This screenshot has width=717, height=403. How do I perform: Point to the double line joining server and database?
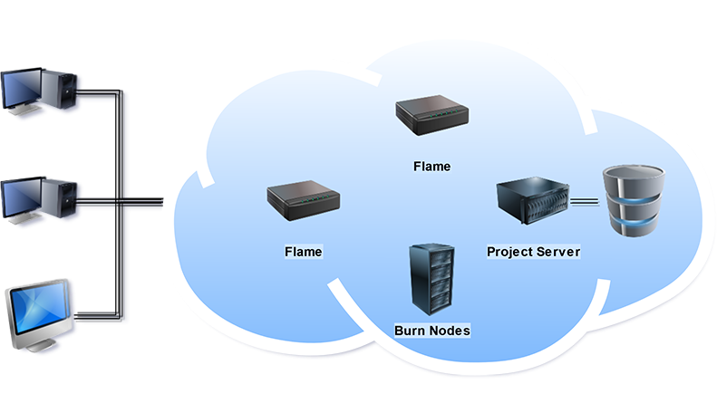[586, 202]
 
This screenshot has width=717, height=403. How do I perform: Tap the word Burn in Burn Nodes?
[411, 331]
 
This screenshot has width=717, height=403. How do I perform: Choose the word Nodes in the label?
[450, 331]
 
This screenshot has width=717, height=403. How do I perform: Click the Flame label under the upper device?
[431, 167]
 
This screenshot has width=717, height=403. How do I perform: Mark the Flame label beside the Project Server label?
[304, 250]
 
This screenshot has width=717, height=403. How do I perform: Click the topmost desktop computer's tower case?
[65, 91]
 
